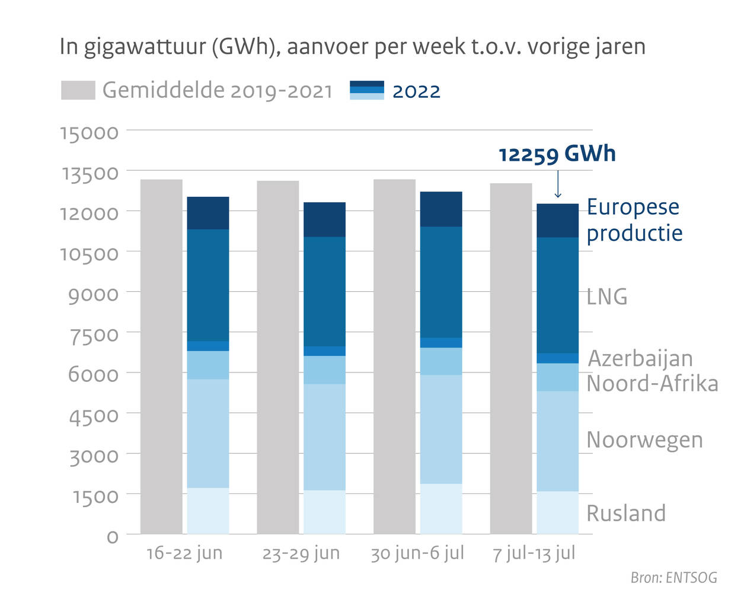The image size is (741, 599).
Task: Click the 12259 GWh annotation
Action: point(557,154)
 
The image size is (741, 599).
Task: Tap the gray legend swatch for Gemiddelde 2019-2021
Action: point(78,91)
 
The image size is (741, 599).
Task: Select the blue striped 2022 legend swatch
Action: point(367,90)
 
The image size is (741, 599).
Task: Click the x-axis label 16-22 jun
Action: point(184,553)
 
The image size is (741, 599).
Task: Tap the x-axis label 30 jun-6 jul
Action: point(417,553)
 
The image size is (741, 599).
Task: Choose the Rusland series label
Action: point(626,514)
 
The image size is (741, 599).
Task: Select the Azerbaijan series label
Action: point(640,359)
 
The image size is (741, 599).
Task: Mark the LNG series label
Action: point(607,297)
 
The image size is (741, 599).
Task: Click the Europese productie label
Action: point(634,220)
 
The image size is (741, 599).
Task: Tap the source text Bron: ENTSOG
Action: point(673,578)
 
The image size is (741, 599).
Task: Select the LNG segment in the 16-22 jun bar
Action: point(208,285)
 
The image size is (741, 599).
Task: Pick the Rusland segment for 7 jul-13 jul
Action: point(557,512)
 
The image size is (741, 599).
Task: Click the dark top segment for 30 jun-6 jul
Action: point(441,209)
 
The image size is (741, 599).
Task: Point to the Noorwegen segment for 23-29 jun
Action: point(324,437)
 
